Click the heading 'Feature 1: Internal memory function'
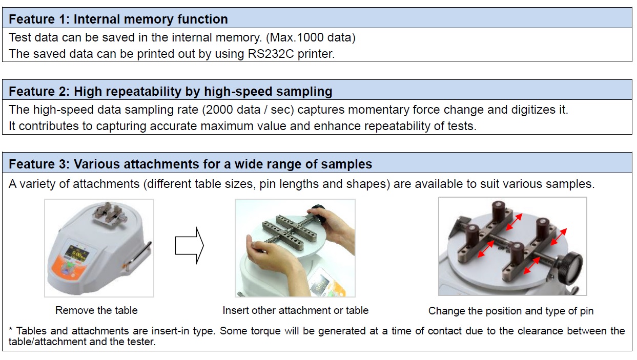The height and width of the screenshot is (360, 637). tap(118, 19)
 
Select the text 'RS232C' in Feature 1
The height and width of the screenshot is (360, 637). tap(271, 54)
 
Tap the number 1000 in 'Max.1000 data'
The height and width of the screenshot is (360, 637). tap(310, 37)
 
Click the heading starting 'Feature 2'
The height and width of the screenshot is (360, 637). tap(171, 92)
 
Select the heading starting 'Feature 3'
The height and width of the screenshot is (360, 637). tap(191, 164)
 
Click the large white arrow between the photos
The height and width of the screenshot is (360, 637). tap(189, 245)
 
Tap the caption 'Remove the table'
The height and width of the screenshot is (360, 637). tap(96, 310)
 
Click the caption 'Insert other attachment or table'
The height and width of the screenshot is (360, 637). tap(296, 310)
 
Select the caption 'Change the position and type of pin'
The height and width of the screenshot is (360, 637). tap(511, 311)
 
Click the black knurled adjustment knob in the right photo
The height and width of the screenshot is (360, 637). tap(570, 266)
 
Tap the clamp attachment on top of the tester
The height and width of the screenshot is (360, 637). tap(110, 215)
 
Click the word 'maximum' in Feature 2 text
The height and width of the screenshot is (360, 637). tap(227, 126)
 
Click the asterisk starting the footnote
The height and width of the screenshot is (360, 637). tap(11, 330)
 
